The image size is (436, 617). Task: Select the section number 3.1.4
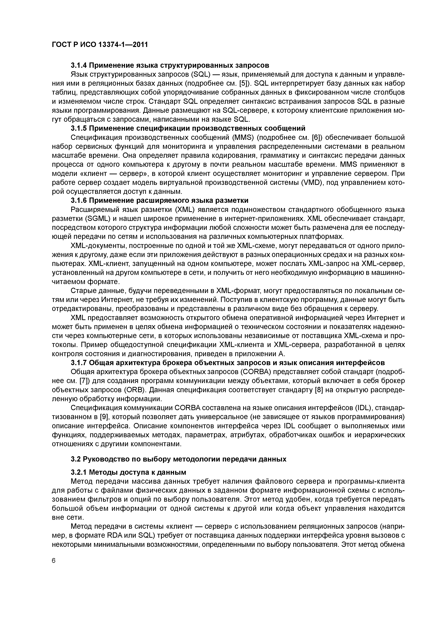pos(78,65)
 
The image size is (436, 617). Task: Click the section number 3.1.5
pos(78,128)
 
